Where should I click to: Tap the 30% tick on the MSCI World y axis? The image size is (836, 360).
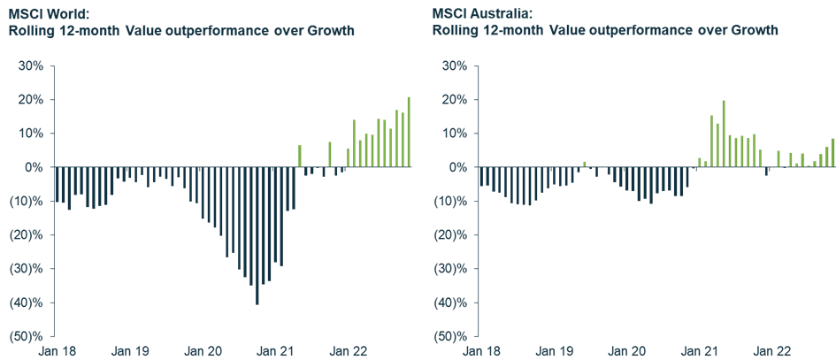(x=31, y=65)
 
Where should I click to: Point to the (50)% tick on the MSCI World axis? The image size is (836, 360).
(x=27, y=337)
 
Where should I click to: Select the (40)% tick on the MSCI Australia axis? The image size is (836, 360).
(x=452, y=303)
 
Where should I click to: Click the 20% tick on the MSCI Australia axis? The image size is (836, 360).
(x=455, y=99)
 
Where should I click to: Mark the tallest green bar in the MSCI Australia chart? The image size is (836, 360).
(x=724, y=134)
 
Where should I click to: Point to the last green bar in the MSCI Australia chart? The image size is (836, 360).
(x=832, y=152)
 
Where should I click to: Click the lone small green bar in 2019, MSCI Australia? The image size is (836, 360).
(x=584, y=164)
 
